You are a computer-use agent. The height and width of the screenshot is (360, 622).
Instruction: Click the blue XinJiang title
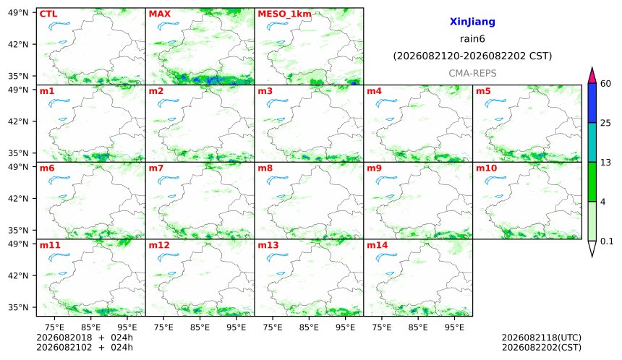472,22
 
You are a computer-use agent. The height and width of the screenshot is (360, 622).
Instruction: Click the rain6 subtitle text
472,39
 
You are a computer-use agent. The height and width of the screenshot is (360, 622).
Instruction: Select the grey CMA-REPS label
472,73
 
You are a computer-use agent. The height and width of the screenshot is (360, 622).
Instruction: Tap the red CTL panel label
48,14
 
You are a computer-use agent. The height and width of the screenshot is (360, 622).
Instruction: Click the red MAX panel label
159,14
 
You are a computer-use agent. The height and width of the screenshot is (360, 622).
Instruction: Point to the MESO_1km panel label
284,14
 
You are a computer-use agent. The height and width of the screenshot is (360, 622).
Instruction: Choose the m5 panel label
483,91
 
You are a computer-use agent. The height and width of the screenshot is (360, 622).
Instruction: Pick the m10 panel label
486,168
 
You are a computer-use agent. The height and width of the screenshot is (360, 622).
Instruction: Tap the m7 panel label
156,168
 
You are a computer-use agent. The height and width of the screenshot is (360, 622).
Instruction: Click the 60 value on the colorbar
605,84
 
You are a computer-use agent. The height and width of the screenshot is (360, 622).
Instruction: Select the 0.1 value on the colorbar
607,241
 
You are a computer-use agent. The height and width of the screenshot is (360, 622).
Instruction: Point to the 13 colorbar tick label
605,162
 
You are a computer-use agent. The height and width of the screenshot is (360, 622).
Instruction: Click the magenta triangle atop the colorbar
592,75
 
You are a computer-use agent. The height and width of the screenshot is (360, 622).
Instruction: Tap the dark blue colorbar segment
592,103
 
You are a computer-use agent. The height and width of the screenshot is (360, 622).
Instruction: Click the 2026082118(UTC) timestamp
542,338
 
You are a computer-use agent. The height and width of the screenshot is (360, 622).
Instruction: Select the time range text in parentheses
472,56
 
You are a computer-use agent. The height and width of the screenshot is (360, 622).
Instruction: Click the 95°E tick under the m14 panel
455,327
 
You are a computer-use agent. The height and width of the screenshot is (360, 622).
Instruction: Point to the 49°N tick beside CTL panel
18,13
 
